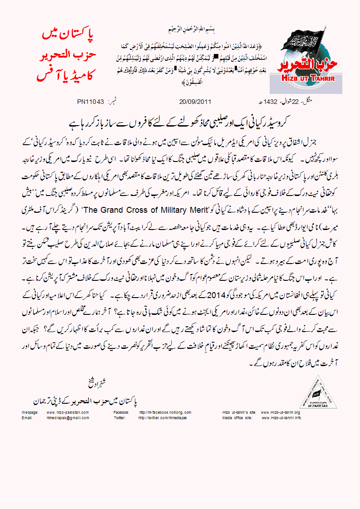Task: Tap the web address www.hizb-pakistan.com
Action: pos(68,412)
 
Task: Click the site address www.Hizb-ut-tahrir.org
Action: pos(280,412)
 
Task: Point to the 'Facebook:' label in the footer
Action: pos(121,412)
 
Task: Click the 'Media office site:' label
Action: pos(237,417)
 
